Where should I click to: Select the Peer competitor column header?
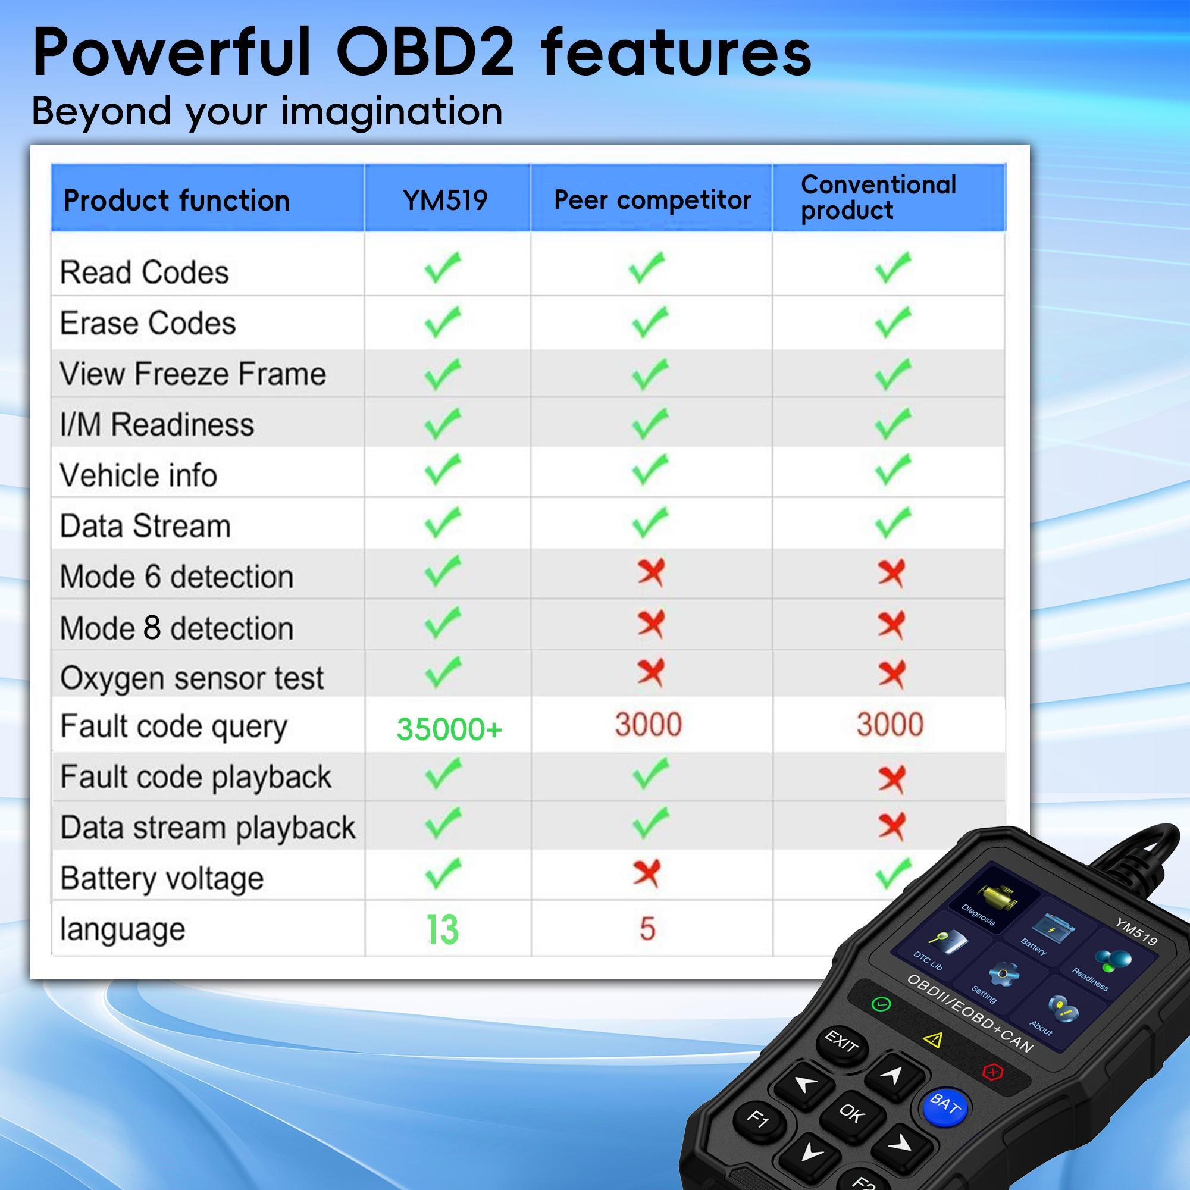pos(652,199)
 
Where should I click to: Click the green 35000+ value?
pos(449,729)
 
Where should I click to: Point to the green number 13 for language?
pos(442,929)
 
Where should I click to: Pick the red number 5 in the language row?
pos(647,928)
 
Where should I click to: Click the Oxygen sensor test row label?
pos(192,678)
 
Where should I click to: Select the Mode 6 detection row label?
pos(176,577)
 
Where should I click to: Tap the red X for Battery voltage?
pos(647,873)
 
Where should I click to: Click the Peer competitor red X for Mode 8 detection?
pos(650,625)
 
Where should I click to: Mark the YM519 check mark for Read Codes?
pos(442,268)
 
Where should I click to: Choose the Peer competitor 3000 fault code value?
pos(648,724)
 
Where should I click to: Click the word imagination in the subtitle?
pos(391,111)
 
